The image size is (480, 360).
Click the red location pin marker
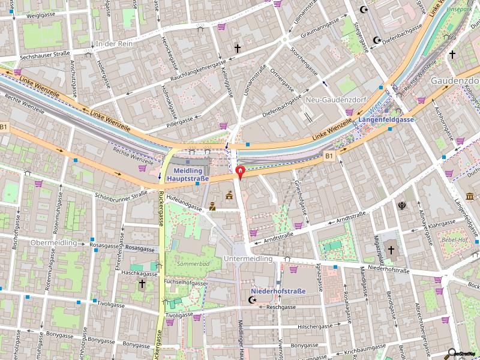point(241,173)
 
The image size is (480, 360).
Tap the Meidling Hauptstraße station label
point(187,174)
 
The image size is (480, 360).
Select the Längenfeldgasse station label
point(386,120)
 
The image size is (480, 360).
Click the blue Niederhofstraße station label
point(277,291)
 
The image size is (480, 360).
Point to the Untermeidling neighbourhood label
point(248,259)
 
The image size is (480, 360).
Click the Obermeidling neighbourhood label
point(53,243)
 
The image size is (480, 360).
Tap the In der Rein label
point(113,44)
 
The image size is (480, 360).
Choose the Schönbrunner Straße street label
point(121,194)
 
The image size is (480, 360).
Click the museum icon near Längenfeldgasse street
point(469,197)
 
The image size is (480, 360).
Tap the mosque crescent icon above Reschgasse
point(253,299)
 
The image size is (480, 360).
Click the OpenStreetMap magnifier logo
point(453,353)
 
